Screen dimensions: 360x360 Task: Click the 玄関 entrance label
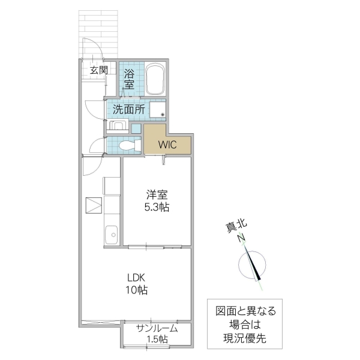[x=99, y=70]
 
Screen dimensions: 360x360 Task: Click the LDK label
[x=136, y=277]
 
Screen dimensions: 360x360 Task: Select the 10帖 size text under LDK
[x=137, y=290]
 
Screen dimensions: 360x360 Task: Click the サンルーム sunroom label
[x=157, y=328]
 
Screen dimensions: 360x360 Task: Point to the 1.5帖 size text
[x=157, y=340]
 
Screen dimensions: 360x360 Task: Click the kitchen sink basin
[x=110, y=235]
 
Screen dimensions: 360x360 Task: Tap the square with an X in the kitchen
[x=94, y=205]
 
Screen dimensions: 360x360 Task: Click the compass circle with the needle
[x=253, y=265]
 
